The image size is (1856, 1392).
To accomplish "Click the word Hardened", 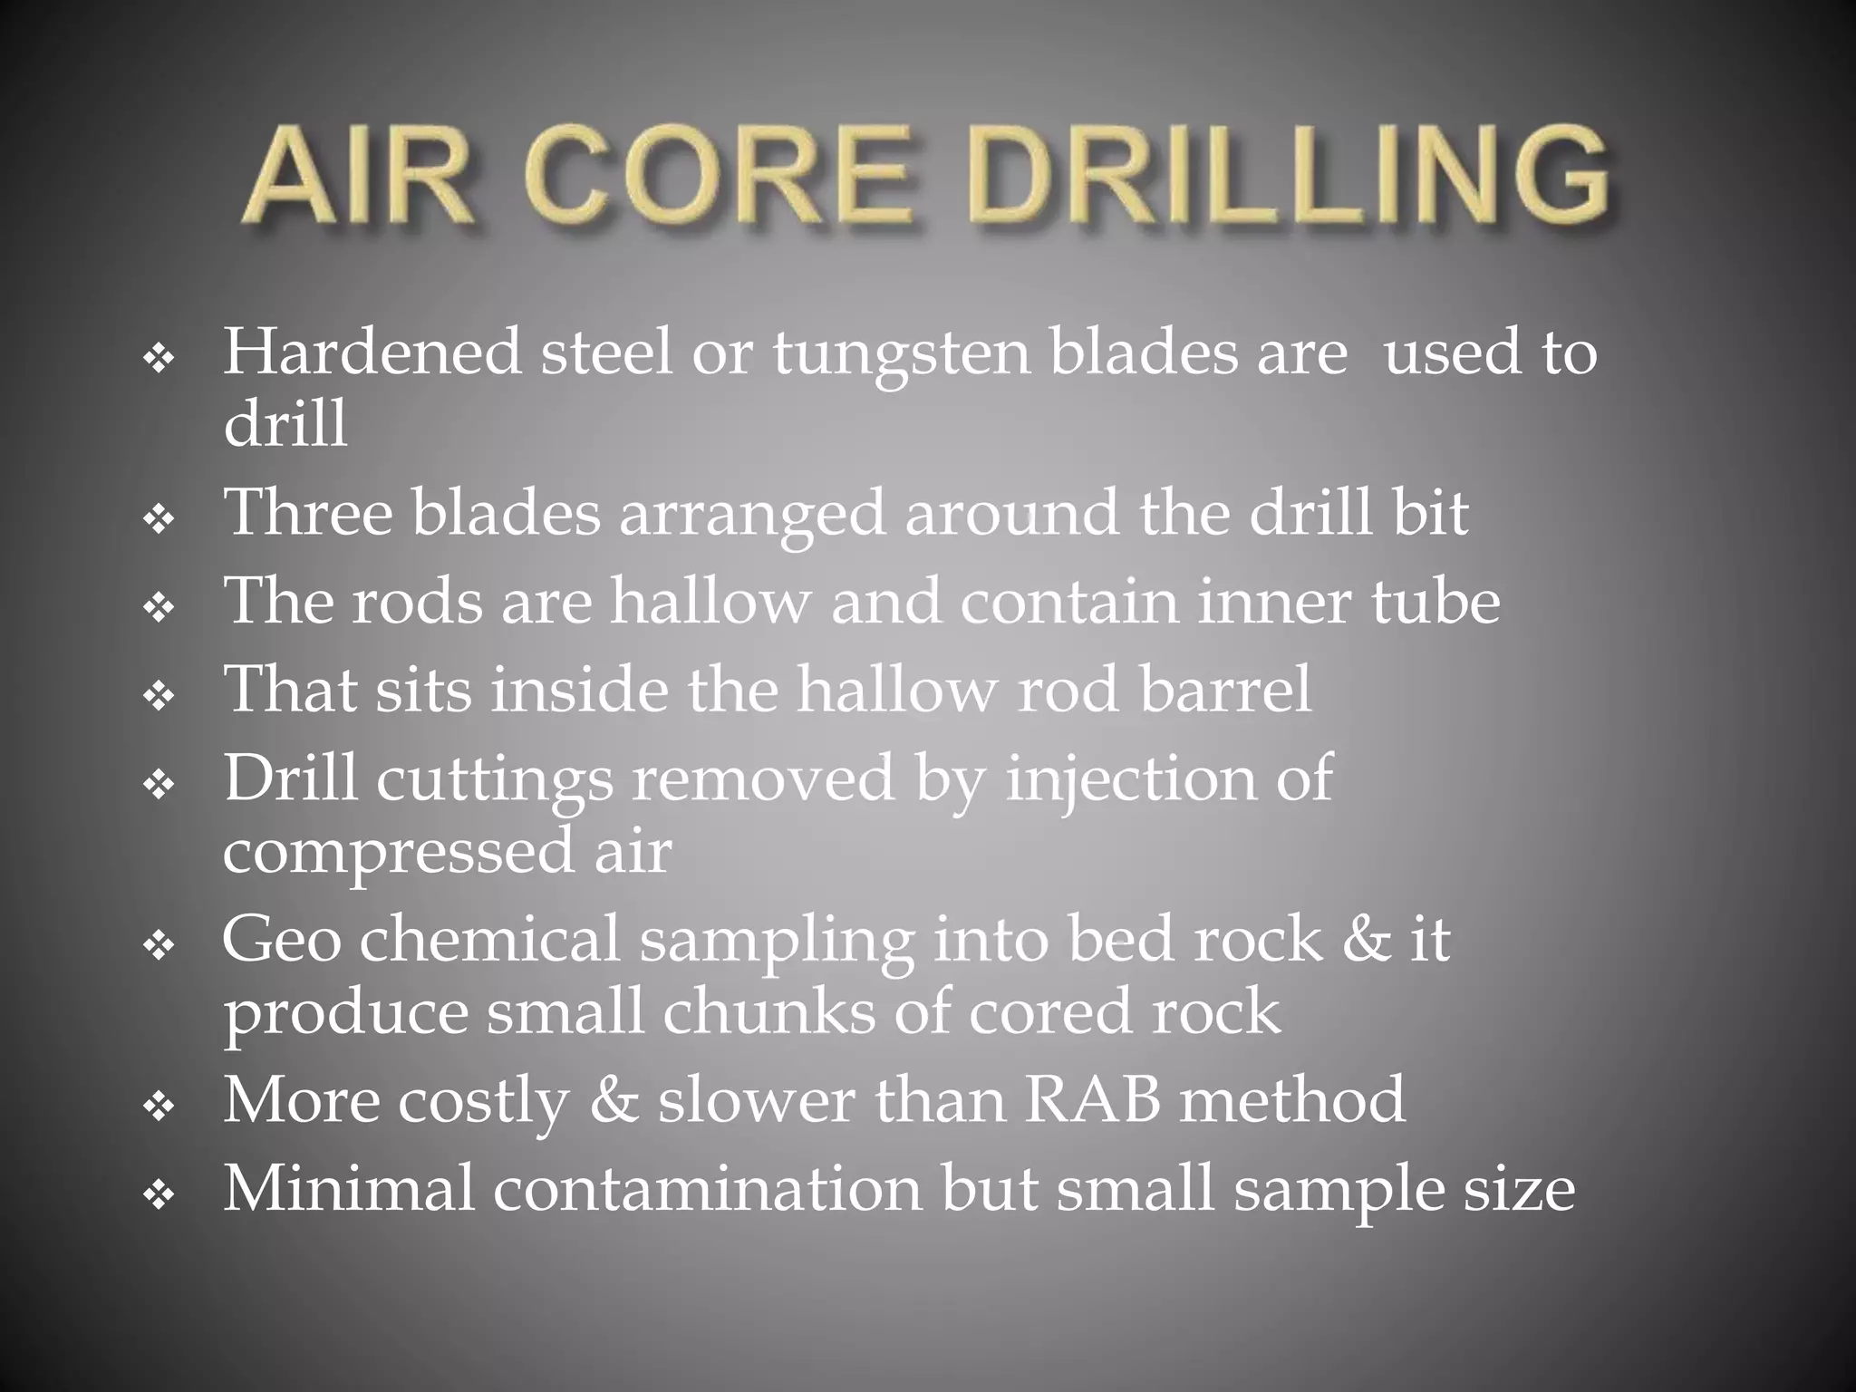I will coord(372,352).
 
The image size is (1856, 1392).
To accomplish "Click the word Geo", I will coord(281,939).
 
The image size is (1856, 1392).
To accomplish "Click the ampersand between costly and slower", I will coord(613,1099).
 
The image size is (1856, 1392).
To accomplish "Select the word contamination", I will coord(707,1188).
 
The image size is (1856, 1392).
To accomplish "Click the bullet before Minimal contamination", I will coord(159,1197).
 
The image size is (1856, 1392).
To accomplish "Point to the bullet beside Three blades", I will coord(159,520).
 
